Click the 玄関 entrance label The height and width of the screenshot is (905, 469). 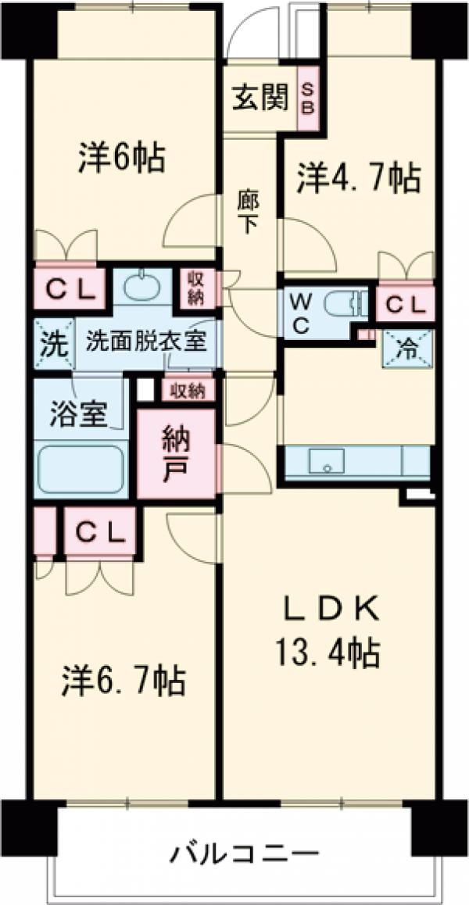point(260,99)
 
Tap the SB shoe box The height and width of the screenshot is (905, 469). point(307,98)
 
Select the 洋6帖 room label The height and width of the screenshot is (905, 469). point(122,158)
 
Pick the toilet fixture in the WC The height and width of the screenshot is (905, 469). point(345,303)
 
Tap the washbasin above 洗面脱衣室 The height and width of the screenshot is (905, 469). point(143,287)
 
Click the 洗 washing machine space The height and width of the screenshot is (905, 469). point(53,343)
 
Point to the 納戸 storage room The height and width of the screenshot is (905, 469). point(176,453)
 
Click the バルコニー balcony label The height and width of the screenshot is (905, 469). point(245,853)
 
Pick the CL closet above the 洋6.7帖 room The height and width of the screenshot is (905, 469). point(100,531)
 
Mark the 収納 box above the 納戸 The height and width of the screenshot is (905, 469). point(188,392)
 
